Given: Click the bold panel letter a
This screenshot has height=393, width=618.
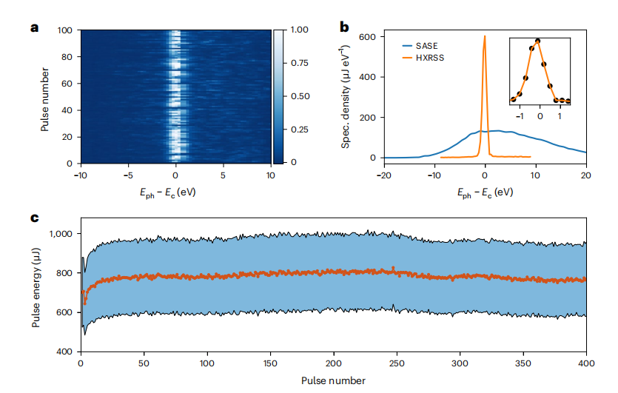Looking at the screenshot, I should (x=33, y=28).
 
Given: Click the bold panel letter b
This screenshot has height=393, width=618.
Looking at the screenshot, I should (x=344, y=28).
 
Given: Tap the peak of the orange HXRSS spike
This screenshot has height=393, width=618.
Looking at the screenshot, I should (x=484, y=36).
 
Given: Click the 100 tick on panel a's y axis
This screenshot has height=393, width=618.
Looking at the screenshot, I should (x=65, y=30).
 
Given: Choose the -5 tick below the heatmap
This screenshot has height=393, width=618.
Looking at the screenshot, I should (x=128, y=175).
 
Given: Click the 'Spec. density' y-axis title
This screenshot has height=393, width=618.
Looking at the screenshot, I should (x=346, y=97).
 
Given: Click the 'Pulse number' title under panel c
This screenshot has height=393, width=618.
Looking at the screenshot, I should (x=333, y=380).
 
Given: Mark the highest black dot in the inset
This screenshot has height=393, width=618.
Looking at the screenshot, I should (x=538, y=41).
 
